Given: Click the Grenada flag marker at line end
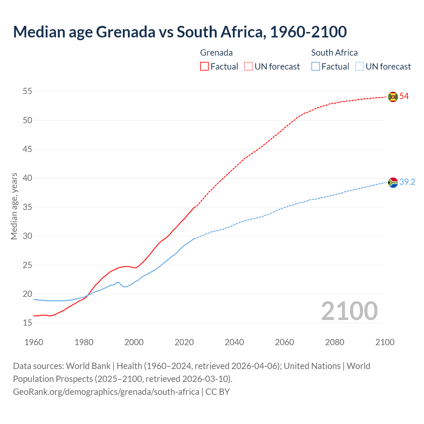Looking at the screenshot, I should pos(393,97).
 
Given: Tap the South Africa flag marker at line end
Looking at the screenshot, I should pos(393,183).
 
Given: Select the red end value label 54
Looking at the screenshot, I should pos(404,96).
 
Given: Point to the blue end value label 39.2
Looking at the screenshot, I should pos(407,182).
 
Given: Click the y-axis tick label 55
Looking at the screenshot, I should pos(27,91).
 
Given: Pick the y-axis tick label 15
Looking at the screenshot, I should pos(27,323).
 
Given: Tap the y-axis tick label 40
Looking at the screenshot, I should pos(27,178).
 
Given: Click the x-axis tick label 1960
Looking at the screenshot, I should pos(34,342).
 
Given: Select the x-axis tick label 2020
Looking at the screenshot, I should pos(184,342).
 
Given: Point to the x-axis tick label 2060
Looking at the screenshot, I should pos(285,342).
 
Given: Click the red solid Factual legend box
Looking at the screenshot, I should pos(204,67).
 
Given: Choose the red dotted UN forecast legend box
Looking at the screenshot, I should pos(248,67).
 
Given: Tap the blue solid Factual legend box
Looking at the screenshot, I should pos(316,67).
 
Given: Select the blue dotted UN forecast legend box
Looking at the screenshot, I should pos(360,67).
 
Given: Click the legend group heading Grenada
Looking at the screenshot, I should pos(216,53).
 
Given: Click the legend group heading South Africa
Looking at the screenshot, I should pos(334,53).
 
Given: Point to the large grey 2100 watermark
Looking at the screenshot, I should pos(349,311).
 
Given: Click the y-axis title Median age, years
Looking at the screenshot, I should pos(14,206).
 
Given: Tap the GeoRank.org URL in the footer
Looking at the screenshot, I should pos(106,392).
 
